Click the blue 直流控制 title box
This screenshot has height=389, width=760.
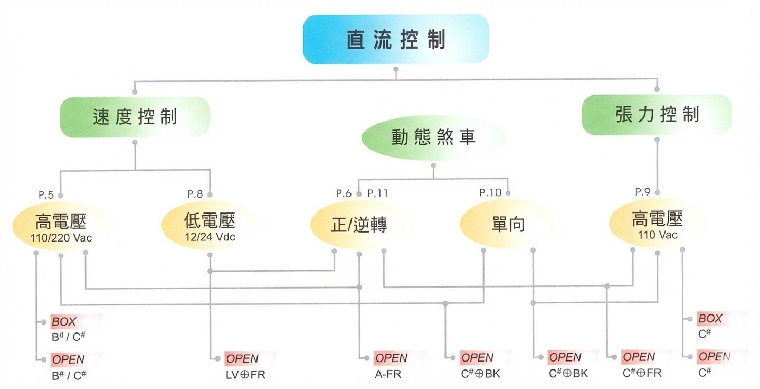396,40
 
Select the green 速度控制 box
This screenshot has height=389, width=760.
135,117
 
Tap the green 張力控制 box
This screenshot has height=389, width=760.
657,115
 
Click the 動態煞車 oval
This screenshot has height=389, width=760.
433,137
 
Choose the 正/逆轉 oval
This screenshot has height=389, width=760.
359,225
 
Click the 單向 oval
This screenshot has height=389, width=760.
508,225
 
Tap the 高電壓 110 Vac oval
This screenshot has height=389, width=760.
657,225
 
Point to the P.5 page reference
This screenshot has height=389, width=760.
46,194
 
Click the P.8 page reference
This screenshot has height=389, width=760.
195,194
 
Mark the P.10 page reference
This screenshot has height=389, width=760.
490,193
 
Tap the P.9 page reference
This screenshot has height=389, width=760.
642,192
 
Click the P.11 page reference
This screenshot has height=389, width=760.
377,193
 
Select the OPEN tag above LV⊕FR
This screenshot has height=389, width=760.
243,359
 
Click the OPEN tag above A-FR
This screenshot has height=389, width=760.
392,358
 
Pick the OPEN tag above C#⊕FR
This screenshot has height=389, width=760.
639,357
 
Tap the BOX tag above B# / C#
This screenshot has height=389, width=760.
64,321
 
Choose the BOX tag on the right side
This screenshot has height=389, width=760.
710,319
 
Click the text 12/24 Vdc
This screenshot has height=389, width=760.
210,237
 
